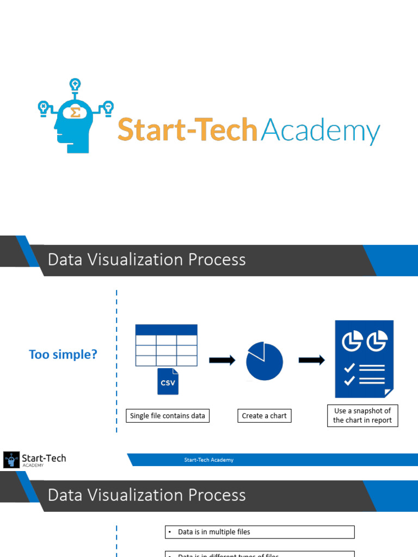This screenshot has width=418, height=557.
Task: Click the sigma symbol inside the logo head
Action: pos(75,113)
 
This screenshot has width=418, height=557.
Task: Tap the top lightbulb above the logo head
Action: pos(75,85)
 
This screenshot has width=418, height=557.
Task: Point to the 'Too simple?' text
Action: pos(63,355)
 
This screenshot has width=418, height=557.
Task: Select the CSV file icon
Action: pos(168,381)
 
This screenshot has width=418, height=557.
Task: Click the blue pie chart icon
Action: pos(265,361)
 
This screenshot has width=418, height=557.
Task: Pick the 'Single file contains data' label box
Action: pos(168,416)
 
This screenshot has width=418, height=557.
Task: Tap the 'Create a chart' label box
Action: pos(264,416)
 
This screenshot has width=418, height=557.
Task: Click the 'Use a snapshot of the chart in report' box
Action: pos(362,416)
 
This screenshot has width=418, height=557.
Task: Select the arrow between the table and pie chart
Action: pos(222,360)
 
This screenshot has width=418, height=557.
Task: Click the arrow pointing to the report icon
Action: pos(312,360)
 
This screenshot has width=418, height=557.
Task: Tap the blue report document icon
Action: pos(364,358)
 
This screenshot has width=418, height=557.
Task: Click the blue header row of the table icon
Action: pos(166,330)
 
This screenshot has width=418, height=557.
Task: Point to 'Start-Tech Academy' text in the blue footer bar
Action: pos(208,460)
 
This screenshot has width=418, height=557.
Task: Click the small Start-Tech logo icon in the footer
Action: pos(10,460)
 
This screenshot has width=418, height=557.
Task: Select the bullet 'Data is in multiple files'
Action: pos(214,532)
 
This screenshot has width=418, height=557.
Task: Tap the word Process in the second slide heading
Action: pos(217,495)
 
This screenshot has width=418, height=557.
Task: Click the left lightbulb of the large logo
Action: pos(43,107)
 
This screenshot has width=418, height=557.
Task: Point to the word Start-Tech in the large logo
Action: pos(187,131)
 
